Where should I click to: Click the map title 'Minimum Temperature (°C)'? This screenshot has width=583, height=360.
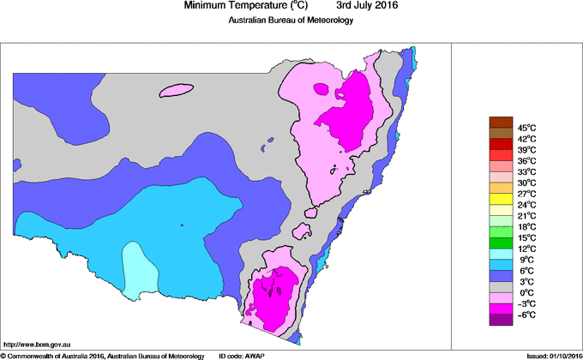coord(246,6)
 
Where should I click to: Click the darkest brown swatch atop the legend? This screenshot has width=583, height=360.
coord(500,122)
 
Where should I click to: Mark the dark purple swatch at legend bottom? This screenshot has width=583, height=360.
coord(500,320)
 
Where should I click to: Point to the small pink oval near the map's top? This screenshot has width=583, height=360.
coord(176,90)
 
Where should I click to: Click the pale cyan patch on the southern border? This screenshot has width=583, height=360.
coord(137,268)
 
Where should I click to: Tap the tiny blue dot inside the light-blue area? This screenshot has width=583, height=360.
coord(182,225)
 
